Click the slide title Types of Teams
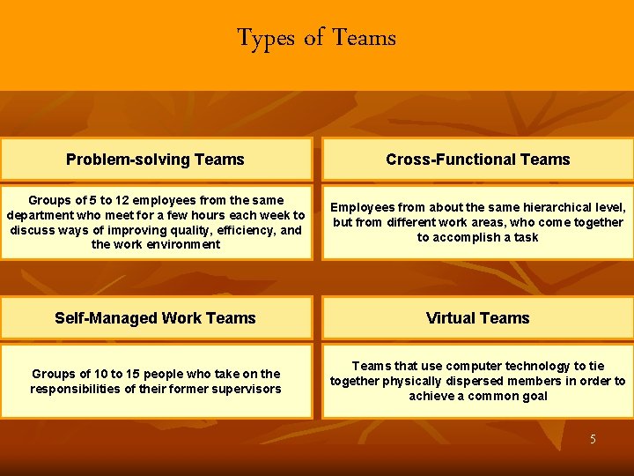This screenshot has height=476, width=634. click(x=316, y=38)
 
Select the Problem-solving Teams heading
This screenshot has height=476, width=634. click(x=155, y=160)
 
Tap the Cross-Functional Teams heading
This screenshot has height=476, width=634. click(x=477, y=160)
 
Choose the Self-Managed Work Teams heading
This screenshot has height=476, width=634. click(x=155, y=318)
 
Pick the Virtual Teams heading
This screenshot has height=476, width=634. click(x=477, y=318)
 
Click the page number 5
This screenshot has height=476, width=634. click(x=593, y=439)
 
